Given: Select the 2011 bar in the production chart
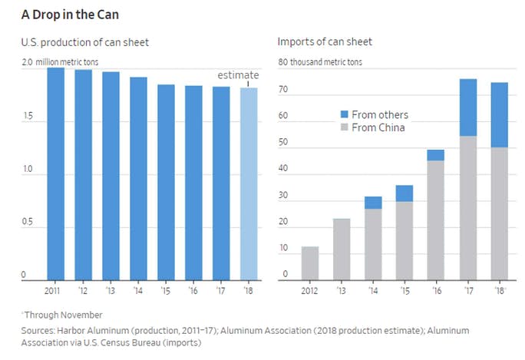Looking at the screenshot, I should pyautogui.click(x=55, y=173).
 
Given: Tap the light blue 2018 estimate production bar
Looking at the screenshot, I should pyautogui.click(x=249, y=183).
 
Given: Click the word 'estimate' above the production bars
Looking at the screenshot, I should pyautogui.click(x=238, y=75).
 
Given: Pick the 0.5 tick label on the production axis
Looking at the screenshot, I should pyautogui.click(x=30, y=222).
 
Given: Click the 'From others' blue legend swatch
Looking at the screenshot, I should pyautogui.click(x=345, y=114).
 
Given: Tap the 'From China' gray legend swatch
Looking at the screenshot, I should pyautogui.click(x=345, y=127).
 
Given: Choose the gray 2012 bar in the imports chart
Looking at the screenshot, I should pyautogui.click(x=310, y=263).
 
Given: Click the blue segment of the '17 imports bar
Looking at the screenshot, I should pyautogui.click(x=468, y=107).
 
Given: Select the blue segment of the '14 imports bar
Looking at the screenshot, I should pyautogui.click(x=373, y=203).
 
